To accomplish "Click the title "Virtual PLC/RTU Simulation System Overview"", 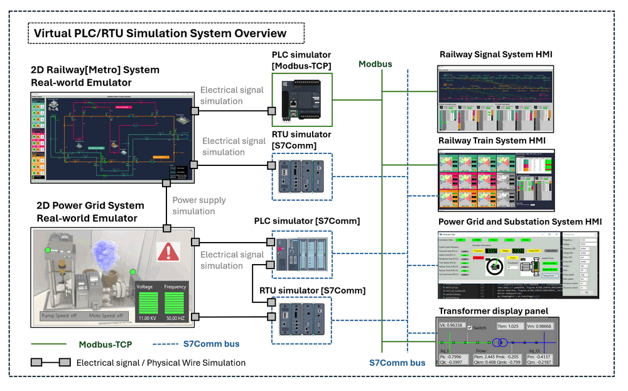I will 160,33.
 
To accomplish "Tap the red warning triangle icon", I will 168,251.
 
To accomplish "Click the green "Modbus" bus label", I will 375,64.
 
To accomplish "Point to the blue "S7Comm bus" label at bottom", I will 397,363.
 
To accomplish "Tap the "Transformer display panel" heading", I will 493,311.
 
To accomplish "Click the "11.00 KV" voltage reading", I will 148,319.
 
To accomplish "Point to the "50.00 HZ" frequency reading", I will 175,319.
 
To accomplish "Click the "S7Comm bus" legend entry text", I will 212,344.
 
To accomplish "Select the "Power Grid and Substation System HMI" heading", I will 520,222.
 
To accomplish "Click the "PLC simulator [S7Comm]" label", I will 307,221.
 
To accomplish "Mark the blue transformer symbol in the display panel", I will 500,343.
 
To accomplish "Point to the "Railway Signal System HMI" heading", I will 496,55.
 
